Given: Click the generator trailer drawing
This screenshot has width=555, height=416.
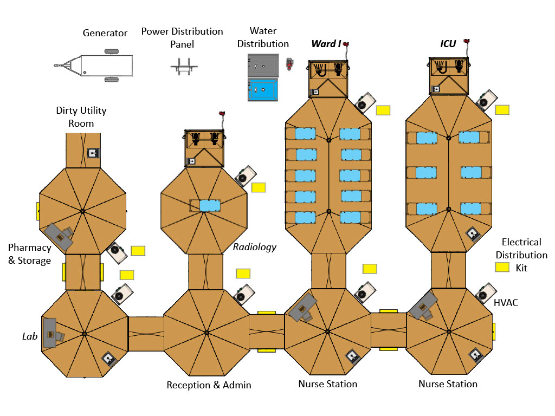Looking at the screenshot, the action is (x=94, y=66).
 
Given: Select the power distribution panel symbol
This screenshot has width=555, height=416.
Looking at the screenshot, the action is (x=184, y=67).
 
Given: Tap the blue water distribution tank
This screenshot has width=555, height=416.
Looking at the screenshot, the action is (x=263, y=90).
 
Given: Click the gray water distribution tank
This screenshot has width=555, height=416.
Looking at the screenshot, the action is (x=263, y=66).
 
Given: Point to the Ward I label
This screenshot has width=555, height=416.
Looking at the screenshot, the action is (x=326, y=44).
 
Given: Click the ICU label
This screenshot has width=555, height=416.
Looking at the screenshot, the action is (x=448, y=44).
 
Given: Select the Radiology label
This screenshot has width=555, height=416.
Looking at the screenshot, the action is (x=255, y=247).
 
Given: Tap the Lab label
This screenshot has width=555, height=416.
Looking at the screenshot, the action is (x=30, y=336).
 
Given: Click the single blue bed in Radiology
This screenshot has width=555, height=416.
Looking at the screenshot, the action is (x=210, y=205).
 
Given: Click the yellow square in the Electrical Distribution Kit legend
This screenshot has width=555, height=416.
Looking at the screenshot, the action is (x=502, y=267).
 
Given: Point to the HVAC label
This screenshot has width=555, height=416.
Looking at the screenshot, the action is (x=506, y=303).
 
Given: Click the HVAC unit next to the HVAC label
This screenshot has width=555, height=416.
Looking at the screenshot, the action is (x=485, y=293).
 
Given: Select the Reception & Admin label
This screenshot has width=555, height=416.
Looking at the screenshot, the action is (x=209, y=385).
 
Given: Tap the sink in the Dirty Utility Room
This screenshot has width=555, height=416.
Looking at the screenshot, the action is (x=93, y=153).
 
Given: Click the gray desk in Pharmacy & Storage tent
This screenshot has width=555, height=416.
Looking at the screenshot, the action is (x=59, y=236).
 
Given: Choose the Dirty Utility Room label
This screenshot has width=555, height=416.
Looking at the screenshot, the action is (x=81, y=117).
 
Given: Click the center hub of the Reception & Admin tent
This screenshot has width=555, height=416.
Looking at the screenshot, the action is (x=206, y=333).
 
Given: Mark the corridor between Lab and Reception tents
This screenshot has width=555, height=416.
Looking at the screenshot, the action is (x=146, y=334).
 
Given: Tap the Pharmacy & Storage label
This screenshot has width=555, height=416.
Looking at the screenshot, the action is (x=30, y=254).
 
